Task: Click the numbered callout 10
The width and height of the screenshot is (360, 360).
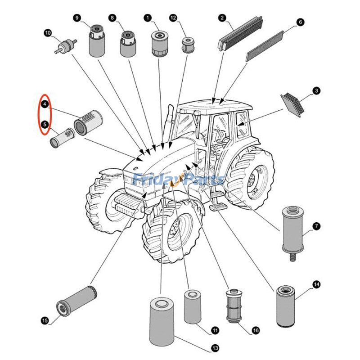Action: (48, 32)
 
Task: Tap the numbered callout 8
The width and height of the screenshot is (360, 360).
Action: (127, 44)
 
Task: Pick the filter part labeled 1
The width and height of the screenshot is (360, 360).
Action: (159, 43)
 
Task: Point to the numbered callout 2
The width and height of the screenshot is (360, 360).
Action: (222, 18)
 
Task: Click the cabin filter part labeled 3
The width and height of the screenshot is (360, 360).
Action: (293, 103)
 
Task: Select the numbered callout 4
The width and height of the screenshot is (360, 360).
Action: (45, 104)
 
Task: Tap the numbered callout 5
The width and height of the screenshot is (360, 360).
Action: (45, 124)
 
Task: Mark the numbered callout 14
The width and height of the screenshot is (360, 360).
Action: (316, 284)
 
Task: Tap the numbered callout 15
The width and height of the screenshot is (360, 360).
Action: (45, 320)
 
